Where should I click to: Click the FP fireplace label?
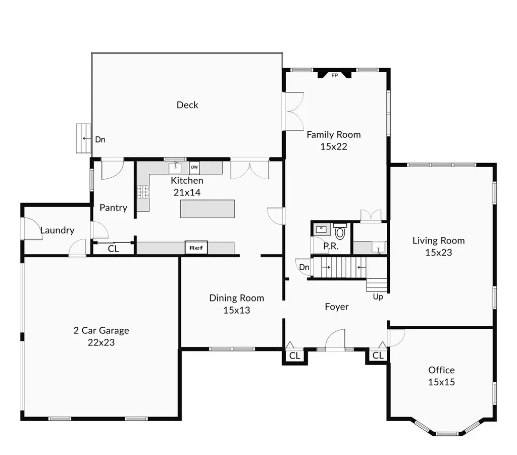pos(335,76)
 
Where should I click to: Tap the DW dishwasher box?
pos(194,167)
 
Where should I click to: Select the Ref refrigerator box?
pos(196,247)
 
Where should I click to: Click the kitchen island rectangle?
pos(208,209)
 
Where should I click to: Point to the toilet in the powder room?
pos(340,231)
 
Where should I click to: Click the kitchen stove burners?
pos(143,192)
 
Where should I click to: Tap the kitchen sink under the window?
pos(175,168)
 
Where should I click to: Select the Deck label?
pos(187,105)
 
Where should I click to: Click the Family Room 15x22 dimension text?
pos(334,146)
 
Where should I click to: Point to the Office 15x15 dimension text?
pos(441,382)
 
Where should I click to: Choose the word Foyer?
pos(337,307)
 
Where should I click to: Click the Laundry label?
pos(58,230)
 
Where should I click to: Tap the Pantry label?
pos(114,208)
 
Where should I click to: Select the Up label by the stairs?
pos(378,297)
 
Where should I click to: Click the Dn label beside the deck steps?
pos(100,139)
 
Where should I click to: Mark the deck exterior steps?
pos(83,138)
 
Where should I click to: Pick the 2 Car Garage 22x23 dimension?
pos(101,342)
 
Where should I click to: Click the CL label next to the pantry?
pos(114,248)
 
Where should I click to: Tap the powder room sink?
pos(322,229)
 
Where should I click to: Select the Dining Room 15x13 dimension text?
pos(237,310)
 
